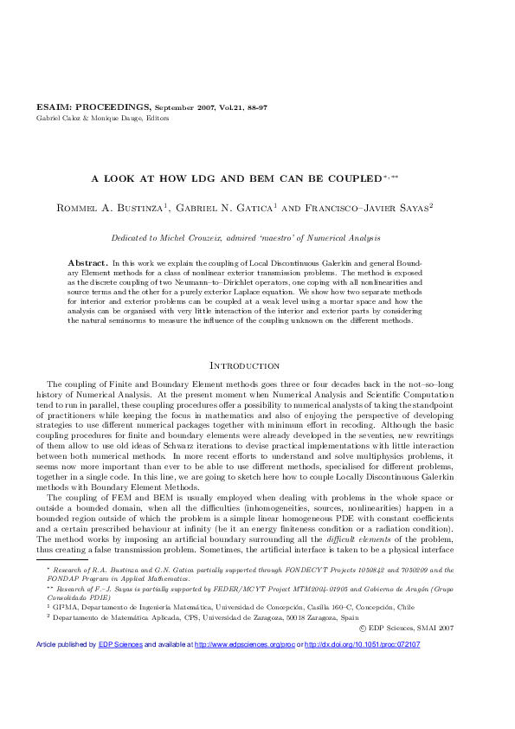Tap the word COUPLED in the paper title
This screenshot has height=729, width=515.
pos(352,177)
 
